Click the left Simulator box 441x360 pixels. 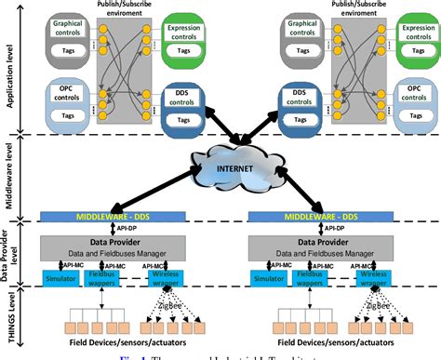60,276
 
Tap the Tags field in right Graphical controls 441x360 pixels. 301,49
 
